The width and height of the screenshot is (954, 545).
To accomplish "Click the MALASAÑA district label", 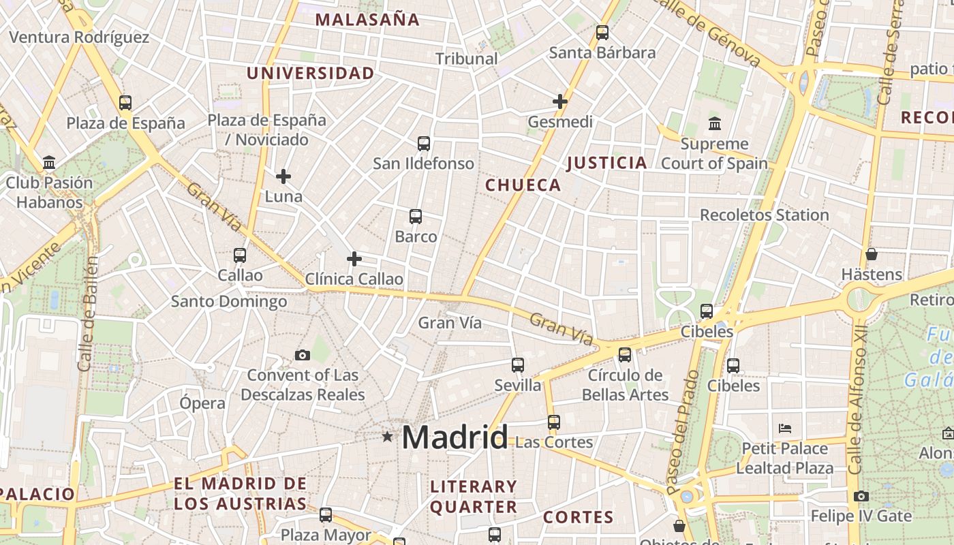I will pos(367,20).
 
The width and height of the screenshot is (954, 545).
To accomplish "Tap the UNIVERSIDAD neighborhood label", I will pos(310,74).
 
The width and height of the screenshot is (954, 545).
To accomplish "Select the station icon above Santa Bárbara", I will pos(602,32).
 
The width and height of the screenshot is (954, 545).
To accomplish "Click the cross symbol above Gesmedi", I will pos(560,102).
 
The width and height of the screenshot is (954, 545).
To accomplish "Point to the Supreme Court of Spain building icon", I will pos(715,124).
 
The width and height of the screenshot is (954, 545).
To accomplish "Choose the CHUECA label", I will pos(523,185).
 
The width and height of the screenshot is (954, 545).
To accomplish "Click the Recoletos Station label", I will pos(765,215).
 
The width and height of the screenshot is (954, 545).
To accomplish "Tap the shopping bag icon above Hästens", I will pos(871,254).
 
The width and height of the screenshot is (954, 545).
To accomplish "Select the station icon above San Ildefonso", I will pos(424,143).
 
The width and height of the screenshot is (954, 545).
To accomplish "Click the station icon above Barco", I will pos(416,217).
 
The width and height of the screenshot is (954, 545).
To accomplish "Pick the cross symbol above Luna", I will pos(283,176).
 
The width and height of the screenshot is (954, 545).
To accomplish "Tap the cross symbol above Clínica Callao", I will pos(354,259).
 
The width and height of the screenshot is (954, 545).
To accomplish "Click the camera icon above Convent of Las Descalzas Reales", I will pos(303,355).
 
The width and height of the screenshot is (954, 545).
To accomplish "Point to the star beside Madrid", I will pos(387,436).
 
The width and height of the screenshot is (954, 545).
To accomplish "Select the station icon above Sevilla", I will pos(518,365).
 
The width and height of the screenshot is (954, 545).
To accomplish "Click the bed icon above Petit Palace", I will pos(785,429).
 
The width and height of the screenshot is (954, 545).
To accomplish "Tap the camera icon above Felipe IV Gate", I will pos(861,496).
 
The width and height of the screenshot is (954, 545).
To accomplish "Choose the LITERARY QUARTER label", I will pos(474,497).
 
